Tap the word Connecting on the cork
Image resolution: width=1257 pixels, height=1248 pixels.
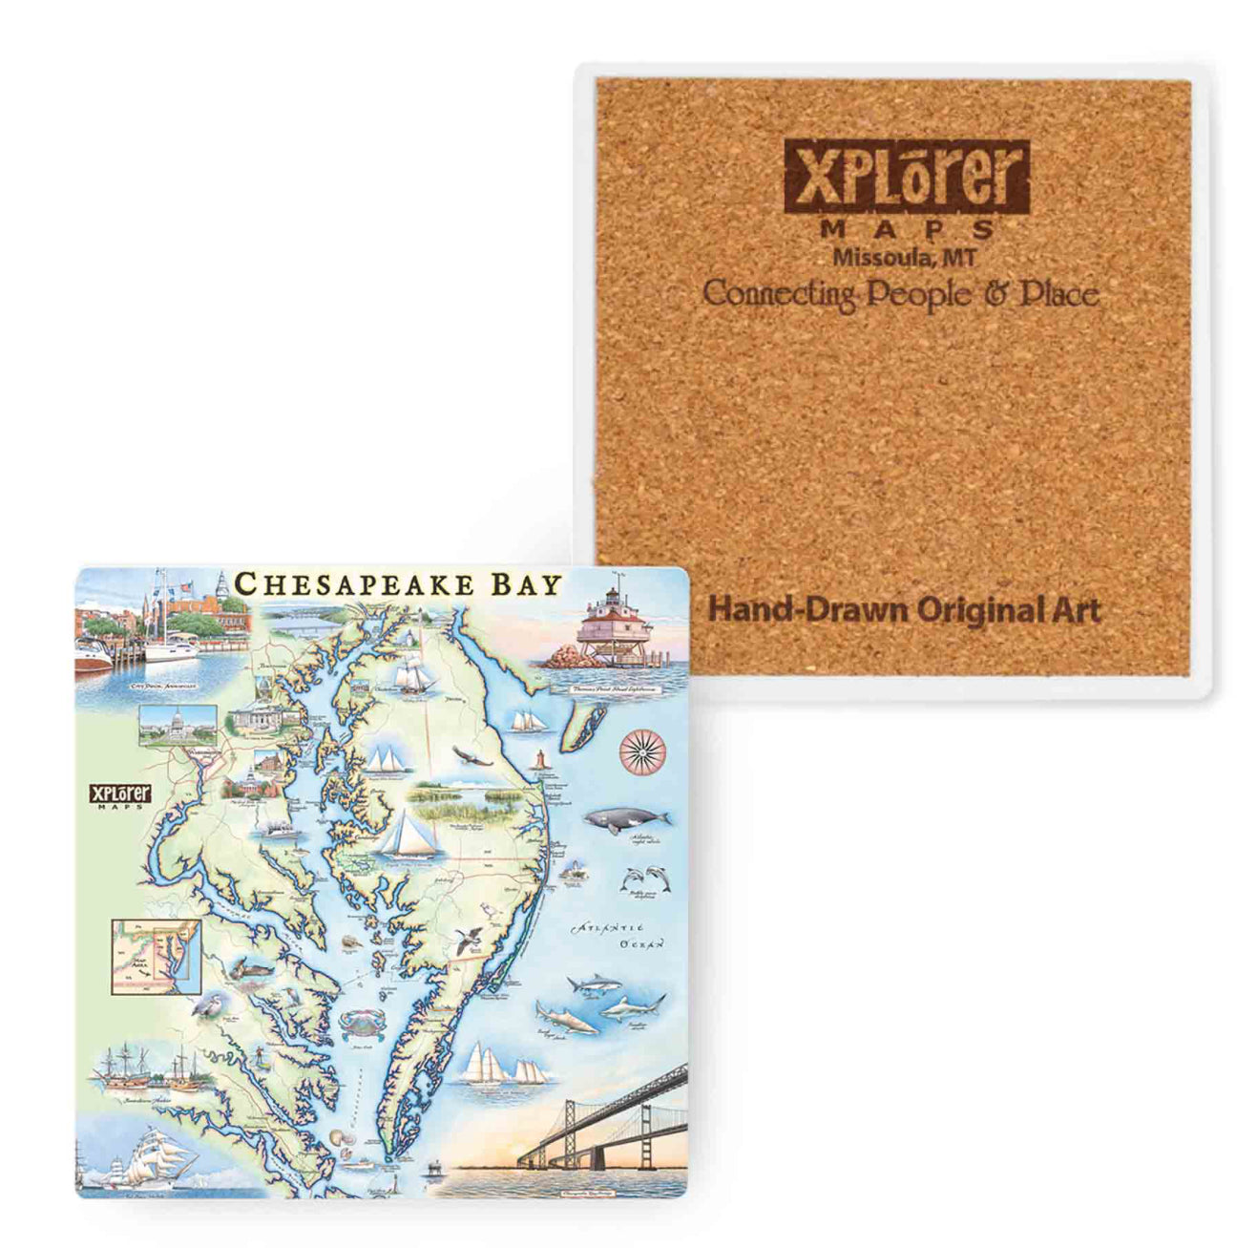pyautogui.click(x=778, y=295)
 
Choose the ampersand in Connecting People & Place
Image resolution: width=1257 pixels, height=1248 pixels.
pyautogui.click(x=995, y=294)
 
